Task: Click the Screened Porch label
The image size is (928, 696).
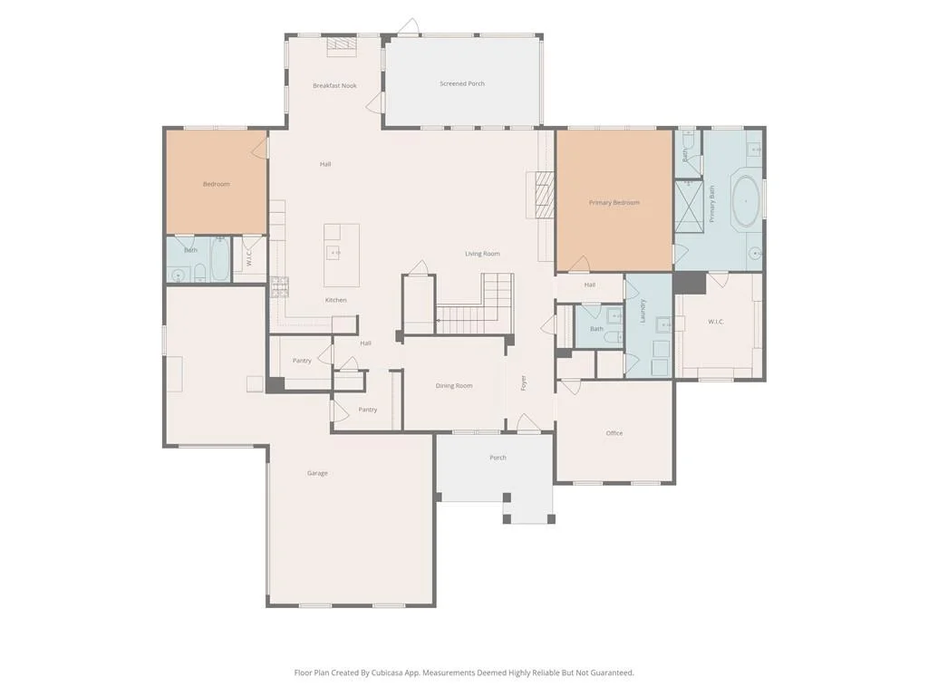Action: (461, 84)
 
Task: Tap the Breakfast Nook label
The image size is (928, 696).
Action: (334, 86)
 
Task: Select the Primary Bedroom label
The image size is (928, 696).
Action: (614, 202)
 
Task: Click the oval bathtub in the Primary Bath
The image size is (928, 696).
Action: (747, 201)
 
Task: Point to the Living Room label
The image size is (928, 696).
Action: (482, 254)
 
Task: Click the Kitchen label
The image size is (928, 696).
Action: (335, 300)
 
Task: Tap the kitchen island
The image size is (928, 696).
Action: (342, 255)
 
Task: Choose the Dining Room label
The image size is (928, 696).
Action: (454, 386)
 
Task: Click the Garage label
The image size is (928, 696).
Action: (317, 473)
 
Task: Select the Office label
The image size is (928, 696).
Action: (614, 433)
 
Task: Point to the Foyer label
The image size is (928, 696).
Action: (523, 383)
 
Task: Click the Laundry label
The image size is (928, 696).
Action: (643, 311)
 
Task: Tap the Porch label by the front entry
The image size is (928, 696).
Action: (498, 458)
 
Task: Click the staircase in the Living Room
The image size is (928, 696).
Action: (475, 304)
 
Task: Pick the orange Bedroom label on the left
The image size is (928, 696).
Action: (216, 184)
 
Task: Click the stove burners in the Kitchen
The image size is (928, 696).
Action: (278, 286)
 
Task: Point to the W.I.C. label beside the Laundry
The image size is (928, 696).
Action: (716, 322)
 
